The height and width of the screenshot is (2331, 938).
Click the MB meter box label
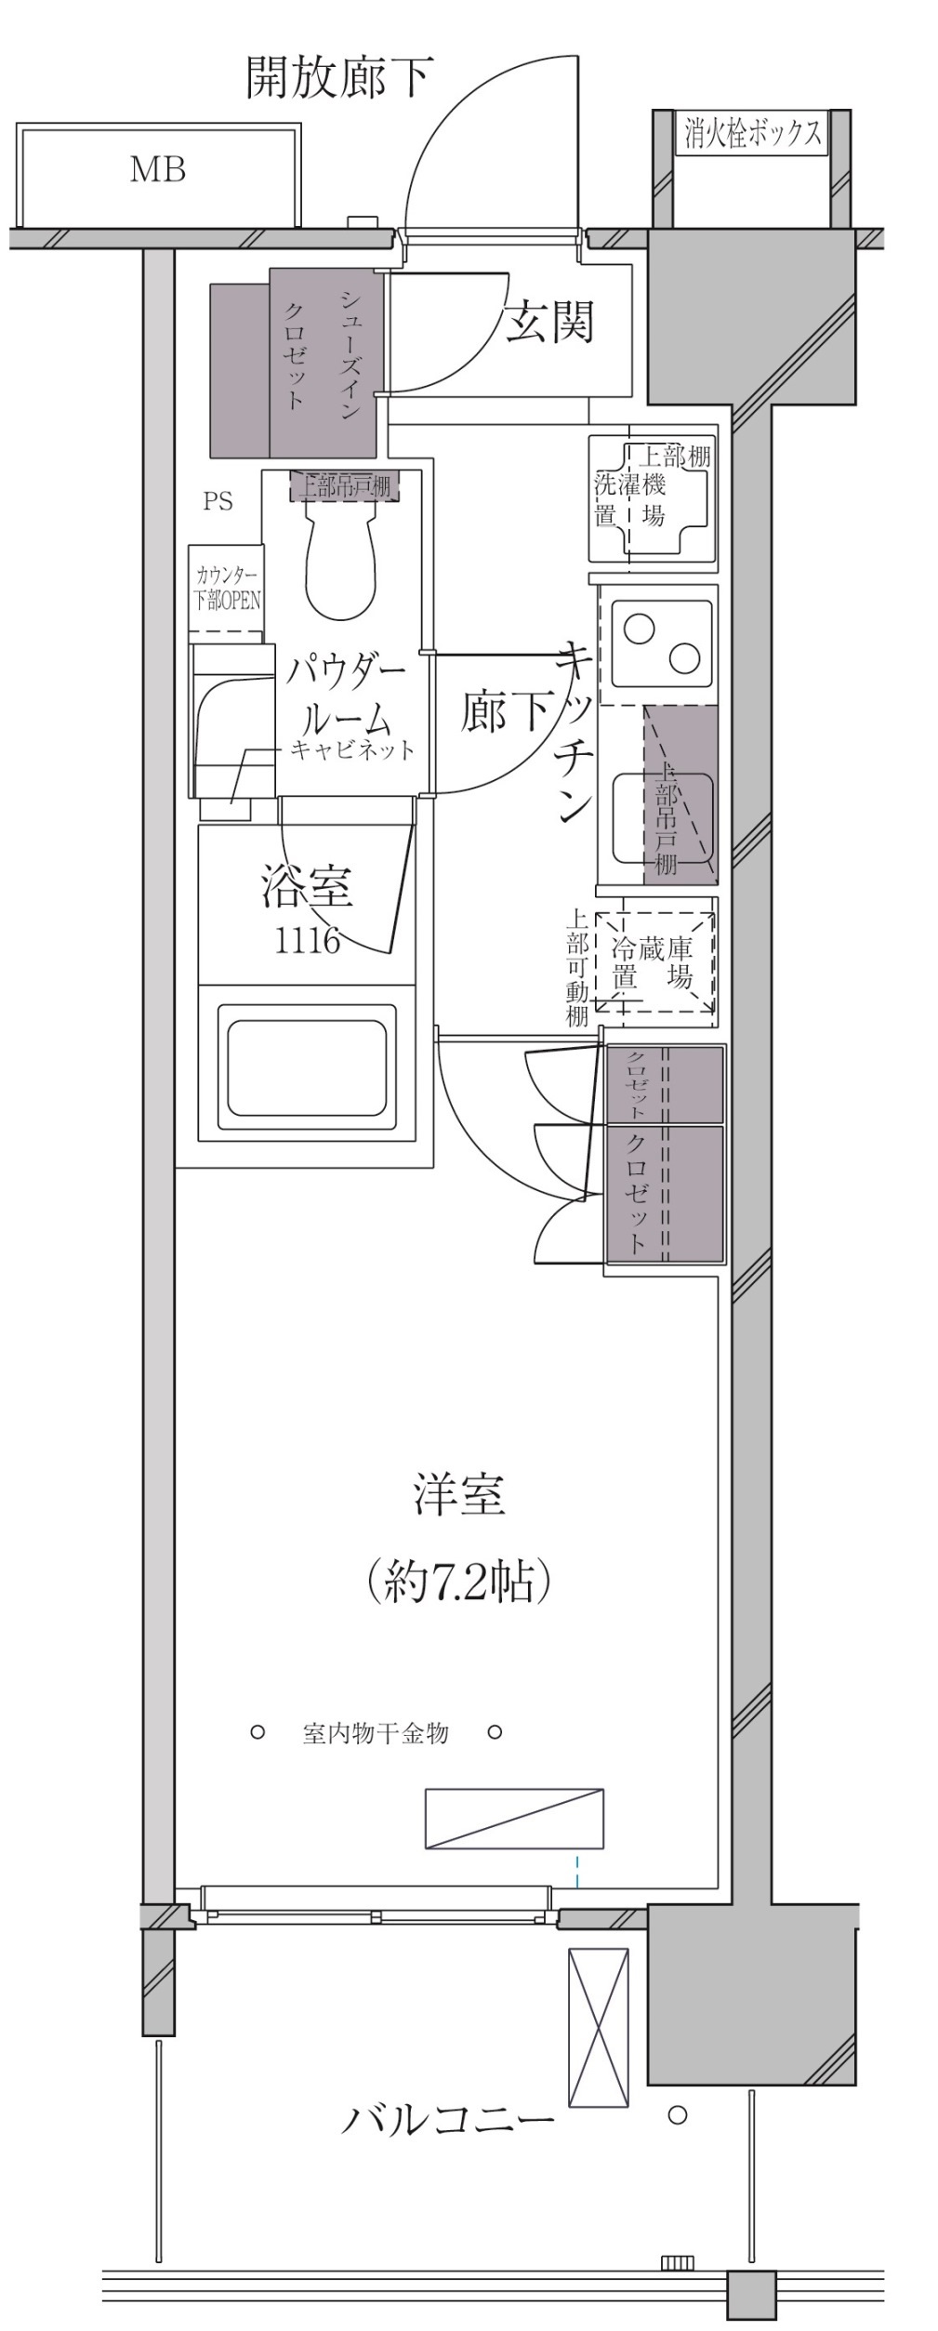[x=157, y=169]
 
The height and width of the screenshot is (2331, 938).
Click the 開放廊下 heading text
[x=338, y=77]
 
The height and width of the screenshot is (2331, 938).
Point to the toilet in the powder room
[x=340, y=558]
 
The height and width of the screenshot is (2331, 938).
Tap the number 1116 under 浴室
[x=307, y=941]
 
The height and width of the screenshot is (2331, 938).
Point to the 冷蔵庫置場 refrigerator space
[x=654, y=962]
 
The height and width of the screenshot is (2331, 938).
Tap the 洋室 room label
[x=458, y=1495]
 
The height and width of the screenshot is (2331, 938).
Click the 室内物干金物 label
[x=375, y=1732]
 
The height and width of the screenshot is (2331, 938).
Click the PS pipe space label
[x=218, y=502]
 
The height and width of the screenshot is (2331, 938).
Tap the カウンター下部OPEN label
[x=226, y=589]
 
